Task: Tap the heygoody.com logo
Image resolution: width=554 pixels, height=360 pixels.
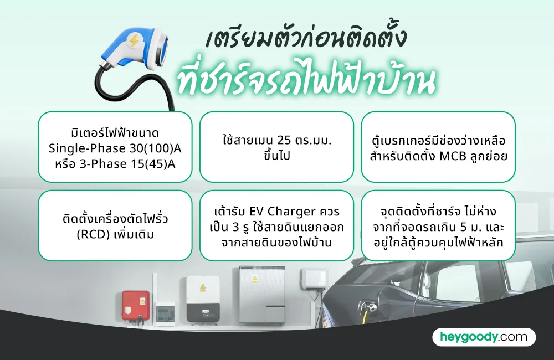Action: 484,337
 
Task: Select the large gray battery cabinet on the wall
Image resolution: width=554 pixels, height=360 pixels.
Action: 261,294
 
